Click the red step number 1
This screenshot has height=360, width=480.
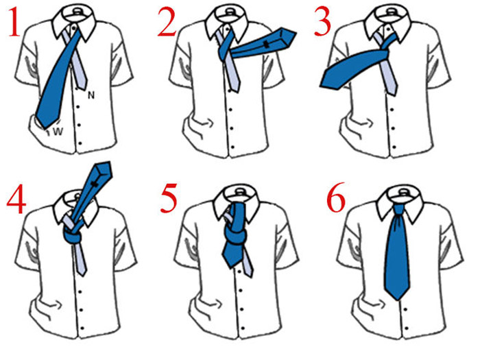tap(14, 23)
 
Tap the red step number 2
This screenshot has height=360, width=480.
tap(167, 22)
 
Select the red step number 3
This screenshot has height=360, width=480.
tap(323, 22)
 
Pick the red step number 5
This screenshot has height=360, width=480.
tap(169, 198)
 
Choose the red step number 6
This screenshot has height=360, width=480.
tap(336, 197)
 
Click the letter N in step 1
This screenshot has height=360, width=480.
tap(91, 95)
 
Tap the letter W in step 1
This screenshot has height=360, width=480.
tap(58, 132)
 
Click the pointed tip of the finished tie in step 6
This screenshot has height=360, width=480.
tap(397, 298)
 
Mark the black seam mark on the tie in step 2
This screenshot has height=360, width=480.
tap(267, 44)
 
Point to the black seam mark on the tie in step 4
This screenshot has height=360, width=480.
tap(95, 184)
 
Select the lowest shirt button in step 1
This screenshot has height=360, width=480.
tap(80, 143)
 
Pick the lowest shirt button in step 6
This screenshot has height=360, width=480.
tap(407, 328)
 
